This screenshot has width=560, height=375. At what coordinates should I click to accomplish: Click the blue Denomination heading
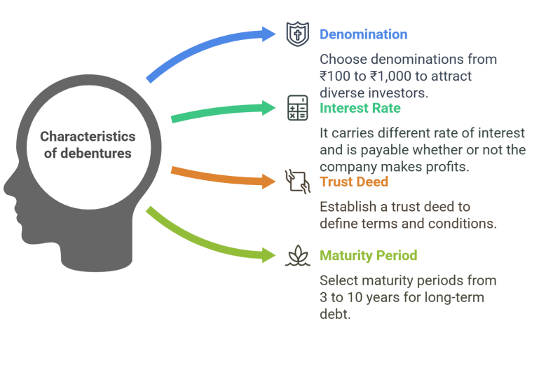[363, 34]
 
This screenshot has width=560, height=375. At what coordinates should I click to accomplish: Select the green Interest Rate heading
[360, 108]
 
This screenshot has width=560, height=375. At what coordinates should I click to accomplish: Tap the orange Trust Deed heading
[354, 182]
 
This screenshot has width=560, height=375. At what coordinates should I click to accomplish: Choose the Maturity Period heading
[368, 256]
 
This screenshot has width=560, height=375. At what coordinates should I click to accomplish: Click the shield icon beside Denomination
[298, 34]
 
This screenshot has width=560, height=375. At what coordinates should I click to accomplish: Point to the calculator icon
[298, 108]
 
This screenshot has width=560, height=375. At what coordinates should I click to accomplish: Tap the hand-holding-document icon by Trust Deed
[298, 182]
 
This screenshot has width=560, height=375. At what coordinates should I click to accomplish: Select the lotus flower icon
[298, 256]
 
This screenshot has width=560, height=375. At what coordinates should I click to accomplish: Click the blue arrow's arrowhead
[269, 34]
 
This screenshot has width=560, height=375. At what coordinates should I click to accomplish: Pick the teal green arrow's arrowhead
[269, 108]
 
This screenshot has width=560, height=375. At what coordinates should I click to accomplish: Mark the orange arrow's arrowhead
[269, 182]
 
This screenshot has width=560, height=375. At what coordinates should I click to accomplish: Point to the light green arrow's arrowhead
[269, 255]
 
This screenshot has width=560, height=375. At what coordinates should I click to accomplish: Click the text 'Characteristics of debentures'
[88, 144]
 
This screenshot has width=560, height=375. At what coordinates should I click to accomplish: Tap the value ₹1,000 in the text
[391, 76]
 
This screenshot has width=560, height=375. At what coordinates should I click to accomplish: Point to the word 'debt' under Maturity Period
[334, 315]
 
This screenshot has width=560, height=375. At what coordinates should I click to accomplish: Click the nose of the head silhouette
[6, 188]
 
